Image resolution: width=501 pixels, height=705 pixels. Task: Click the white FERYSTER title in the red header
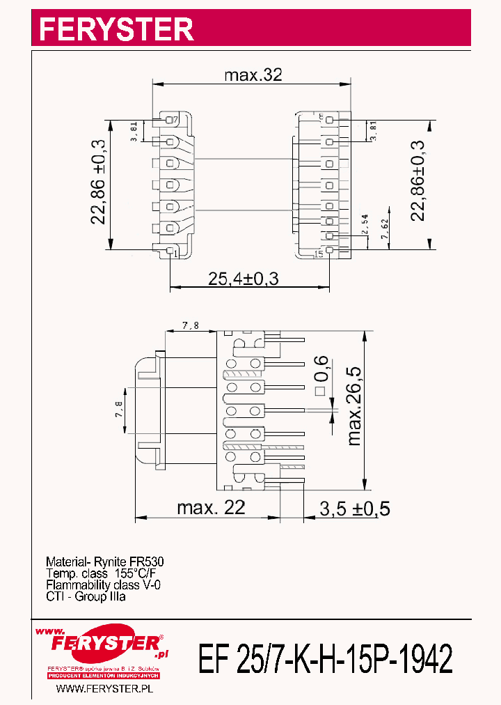116,29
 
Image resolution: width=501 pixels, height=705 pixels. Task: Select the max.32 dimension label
253,75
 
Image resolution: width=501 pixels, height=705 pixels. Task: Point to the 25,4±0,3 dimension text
244,279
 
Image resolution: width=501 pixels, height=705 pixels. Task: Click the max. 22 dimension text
211,508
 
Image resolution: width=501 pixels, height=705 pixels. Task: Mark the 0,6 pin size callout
321,368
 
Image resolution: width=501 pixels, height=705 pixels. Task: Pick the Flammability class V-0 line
103,585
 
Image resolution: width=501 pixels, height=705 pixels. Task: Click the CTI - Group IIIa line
86,597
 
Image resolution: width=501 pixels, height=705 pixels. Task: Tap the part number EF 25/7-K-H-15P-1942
326,658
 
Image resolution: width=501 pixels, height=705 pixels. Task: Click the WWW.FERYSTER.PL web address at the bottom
104,688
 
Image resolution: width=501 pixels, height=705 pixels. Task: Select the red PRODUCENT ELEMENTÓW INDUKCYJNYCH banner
104,676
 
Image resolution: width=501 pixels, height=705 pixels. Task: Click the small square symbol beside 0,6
321,392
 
